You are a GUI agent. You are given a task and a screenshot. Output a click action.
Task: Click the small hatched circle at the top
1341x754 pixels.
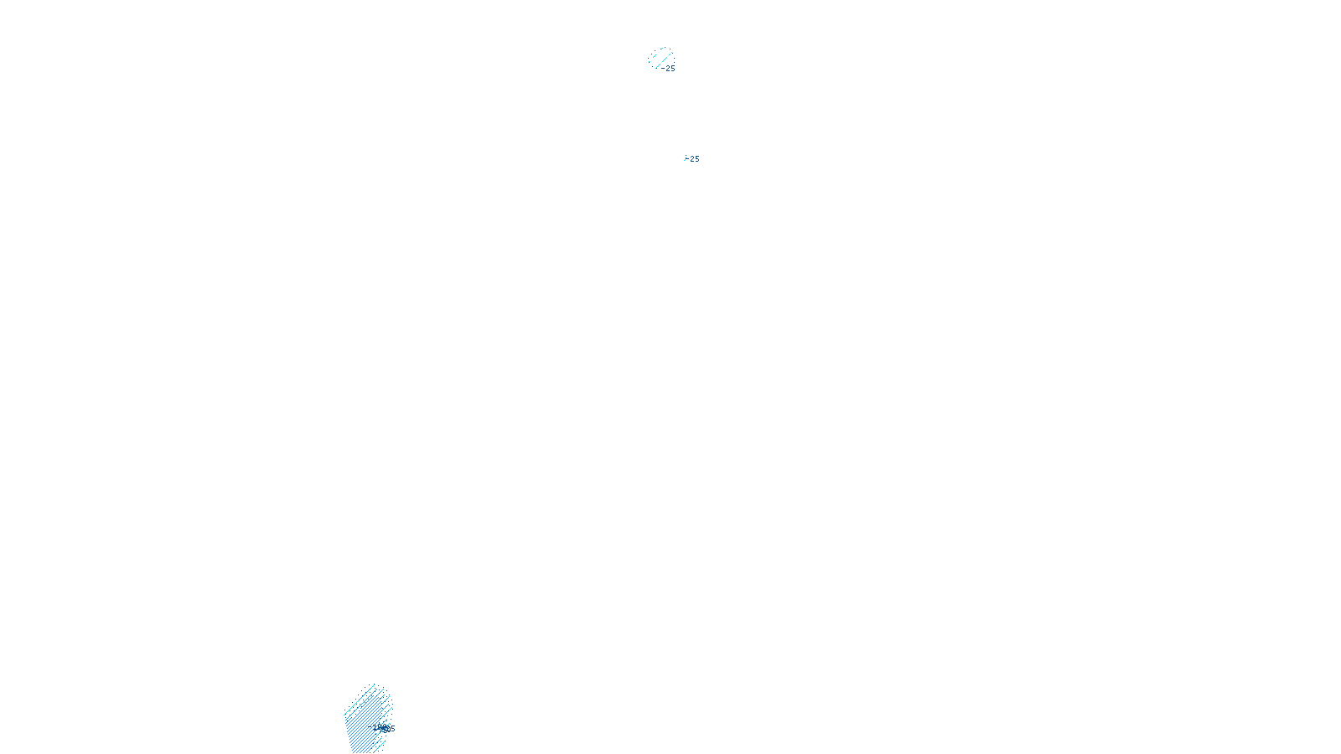tap(661, 58)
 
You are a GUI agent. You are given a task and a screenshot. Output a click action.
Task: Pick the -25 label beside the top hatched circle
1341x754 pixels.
tap(670, 69)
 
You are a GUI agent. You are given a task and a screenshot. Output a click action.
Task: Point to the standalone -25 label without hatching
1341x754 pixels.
tap(693, 159)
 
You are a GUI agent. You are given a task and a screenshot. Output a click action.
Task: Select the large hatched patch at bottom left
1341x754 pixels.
tap(366, 720)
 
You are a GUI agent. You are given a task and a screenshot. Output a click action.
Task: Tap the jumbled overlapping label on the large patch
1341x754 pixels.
tap(386, 728)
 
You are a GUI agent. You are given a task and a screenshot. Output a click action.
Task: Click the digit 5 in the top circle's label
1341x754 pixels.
tap(672, 69)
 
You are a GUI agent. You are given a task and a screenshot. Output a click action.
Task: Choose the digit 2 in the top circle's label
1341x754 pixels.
tap(668, 69)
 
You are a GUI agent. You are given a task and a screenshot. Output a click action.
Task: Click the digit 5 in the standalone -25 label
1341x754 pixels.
tap(696, 159)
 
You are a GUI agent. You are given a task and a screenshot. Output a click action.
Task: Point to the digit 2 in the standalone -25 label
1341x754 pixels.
tap(692, 159)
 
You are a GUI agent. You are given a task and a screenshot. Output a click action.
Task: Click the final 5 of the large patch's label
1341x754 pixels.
tap(392, 729)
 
